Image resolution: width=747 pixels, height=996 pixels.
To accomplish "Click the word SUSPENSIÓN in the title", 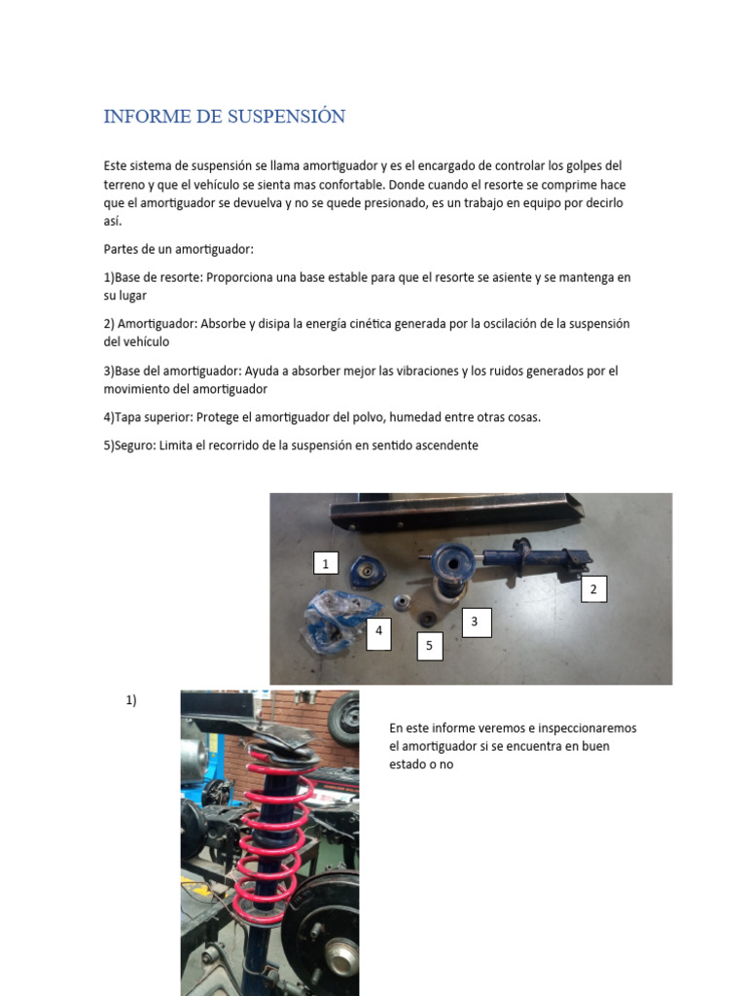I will pos(287,117).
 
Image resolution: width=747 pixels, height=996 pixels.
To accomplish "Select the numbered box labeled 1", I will pos(326,563).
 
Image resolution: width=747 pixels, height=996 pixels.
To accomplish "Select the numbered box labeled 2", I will pos(593,588).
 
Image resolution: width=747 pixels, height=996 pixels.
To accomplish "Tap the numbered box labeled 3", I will pos(476,622).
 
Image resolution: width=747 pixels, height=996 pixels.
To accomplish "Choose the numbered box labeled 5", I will pos(430,646).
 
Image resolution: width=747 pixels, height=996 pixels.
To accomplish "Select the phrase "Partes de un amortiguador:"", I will pos(178,249).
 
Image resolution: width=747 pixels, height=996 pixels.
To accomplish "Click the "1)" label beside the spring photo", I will pos(131,700).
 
